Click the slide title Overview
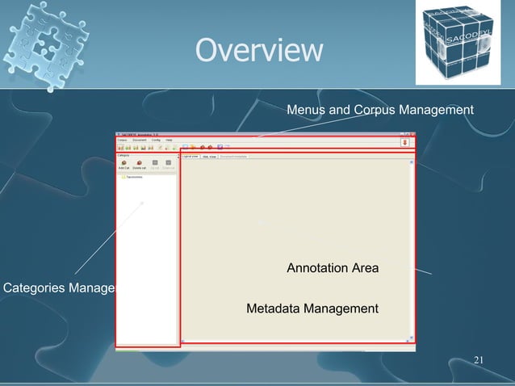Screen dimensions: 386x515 tap(257, 51)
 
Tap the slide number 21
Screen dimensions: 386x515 tap(479, 359)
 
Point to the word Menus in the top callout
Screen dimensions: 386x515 tap(304, 108)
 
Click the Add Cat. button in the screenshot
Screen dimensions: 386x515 tap(124, 165)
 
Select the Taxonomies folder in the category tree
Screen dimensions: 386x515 tap(132, 178)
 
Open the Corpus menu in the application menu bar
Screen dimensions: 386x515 tap(123, 140)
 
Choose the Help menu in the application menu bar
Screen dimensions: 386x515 tap(169, 140)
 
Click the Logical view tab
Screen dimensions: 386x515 tap(191, 156)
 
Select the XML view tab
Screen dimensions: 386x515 tap(209, 156)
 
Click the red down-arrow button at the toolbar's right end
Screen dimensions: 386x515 tap(404, 142)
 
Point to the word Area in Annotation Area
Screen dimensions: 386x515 tap(365, 268)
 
